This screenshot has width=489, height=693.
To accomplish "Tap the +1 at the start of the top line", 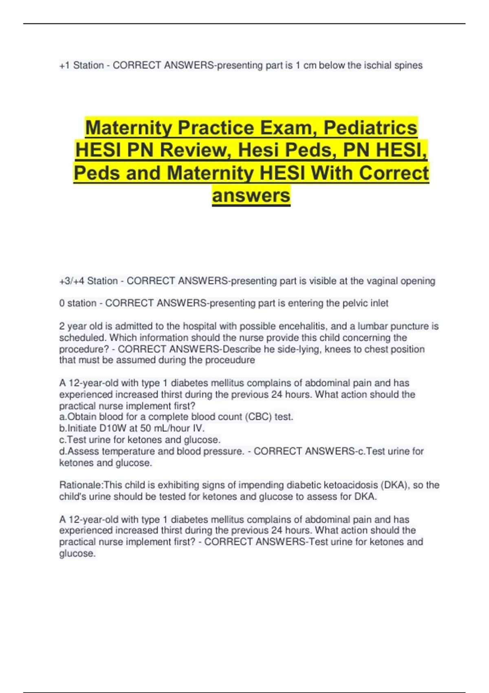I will [64, 65].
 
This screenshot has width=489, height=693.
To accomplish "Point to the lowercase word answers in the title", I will [251, 195].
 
